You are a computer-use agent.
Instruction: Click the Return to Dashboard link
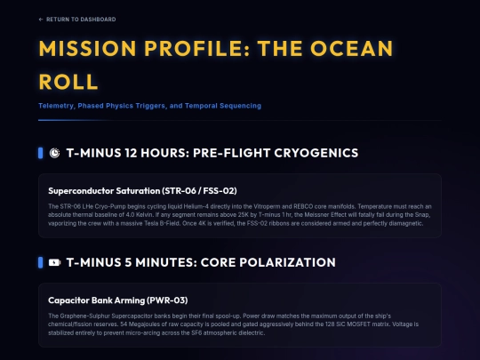click(77, 19)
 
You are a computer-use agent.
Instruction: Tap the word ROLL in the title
click(68, 82)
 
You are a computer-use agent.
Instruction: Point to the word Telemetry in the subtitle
click(56, 106)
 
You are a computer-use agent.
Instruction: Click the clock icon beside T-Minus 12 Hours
click(55, 153)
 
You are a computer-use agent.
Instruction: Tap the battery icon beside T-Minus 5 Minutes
click(55, 262)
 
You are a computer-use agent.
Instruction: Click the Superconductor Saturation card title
click(130, 191)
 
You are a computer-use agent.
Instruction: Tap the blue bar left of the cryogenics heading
click(41, 153)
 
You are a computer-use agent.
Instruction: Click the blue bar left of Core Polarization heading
click(41, 262)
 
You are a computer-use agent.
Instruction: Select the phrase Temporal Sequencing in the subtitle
click(226, 106)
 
